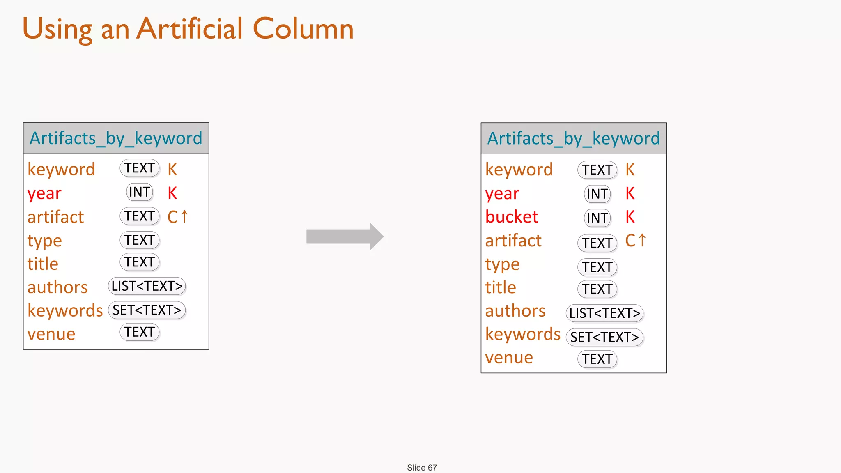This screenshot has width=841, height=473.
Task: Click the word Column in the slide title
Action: tap(303, 29)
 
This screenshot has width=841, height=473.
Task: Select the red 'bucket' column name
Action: tap(512, 217)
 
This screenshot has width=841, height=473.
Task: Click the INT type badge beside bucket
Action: tap(597, 218)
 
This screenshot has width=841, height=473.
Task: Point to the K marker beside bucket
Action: tap(630, 217)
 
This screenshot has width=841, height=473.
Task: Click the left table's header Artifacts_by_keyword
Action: tap(116, 138)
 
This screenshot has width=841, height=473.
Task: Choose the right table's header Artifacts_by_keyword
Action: tap(574, 138)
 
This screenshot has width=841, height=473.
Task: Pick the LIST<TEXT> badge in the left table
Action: tap(147, 286)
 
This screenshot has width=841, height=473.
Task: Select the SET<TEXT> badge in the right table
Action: tap(604, 337)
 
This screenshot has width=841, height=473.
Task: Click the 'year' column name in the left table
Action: tap(44, 193)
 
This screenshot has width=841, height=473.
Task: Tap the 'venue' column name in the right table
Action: tap(509, 358)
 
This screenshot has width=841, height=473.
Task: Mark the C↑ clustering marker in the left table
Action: tap(178, 216)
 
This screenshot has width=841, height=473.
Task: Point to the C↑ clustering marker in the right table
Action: tap(636, 241)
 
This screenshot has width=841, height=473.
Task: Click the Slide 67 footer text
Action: tap(422, 468)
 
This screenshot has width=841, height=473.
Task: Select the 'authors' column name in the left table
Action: tap(57, 287)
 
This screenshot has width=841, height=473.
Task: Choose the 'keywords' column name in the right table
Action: tap(523, 334)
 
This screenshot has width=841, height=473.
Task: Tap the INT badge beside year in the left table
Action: tap(140, 192)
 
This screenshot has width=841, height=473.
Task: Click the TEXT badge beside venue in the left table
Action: tap(140, 332)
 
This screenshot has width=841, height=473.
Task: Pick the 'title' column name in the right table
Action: tap(501, 287)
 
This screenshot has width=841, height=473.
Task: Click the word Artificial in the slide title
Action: tap(190, 29)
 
